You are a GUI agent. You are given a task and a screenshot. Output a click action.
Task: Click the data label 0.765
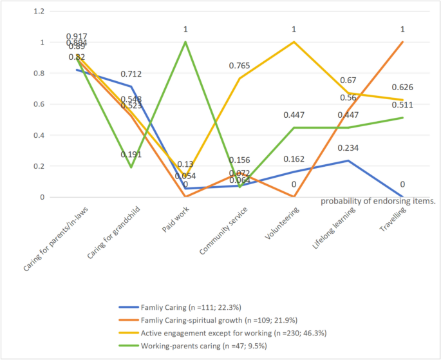coord(240,66)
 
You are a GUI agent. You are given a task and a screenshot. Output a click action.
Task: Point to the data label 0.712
coord(131,73)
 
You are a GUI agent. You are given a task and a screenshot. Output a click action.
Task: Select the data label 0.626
coord(402,87)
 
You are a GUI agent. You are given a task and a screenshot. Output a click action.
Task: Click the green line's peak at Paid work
coord(185,43)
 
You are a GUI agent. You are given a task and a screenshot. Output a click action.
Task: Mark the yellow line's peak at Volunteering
coord(294,43)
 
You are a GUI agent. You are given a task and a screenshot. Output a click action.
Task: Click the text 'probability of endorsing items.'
coord(379,201)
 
